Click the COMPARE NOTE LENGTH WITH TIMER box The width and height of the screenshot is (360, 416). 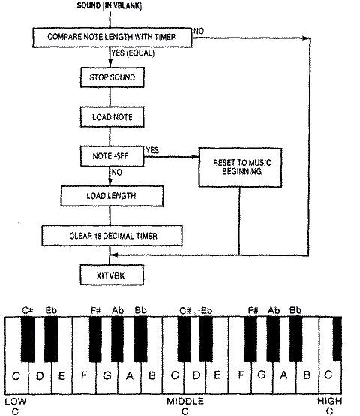coord(112,37)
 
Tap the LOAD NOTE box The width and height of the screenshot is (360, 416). coord(112,117)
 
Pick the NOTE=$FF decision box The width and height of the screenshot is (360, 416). coord(112,157)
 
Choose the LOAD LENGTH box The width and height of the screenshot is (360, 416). coord(112,197)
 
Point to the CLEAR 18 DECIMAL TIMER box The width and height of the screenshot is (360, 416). coord(112,236)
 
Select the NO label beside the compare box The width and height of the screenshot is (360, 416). coord(199,31)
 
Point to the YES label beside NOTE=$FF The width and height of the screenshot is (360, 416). coord(153,149)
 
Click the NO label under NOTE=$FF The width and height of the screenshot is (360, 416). coord(117,173)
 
